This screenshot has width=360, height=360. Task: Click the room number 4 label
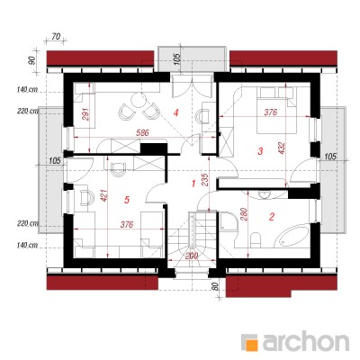(x=176, y=112)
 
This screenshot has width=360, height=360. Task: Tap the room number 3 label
(x=260, y=151)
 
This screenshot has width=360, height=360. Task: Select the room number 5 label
(x=127, y=200)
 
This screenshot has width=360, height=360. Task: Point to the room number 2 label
(x=272, y=217)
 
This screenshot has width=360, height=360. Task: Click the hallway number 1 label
(x=193, y=184)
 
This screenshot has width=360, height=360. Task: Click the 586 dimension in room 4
(x=142, y=133)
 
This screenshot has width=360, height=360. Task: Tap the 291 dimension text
(x=86, y=113)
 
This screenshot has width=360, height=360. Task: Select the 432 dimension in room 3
(x=282, y=148)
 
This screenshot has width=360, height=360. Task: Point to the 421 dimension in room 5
(x=103, y=195)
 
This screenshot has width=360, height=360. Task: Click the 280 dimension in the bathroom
(x=243, y=215)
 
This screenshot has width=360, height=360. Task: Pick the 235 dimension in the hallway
(x=204, y=180)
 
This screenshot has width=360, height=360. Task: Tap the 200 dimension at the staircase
(x=192, y=256)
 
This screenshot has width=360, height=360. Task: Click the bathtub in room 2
(x=293, y=236)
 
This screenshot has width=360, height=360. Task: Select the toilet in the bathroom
(x=256, y=239)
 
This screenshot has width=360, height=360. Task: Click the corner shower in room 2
(x=229, y=221)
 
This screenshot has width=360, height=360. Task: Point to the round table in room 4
(x=139, y=100)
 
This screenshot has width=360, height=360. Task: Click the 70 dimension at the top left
(x=56, y=37)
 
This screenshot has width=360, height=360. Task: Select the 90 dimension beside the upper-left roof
(x=32, y=60)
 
